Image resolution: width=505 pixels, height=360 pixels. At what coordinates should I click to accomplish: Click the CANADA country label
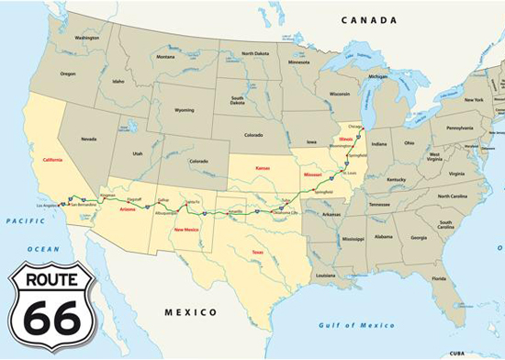[x=368, y=20]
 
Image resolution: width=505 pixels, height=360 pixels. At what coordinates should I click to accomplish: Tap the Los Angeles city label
[x=48, y=206]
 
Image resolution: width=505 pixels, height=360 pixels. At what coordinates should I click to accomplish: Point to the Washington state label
[x=87, y=38]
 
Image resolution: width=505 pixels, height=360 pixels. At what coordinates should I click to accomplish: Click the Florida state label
[x=439, y=277]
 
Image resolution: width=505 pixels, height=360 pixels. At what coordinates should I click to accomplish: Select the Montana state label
[x=165, y=57]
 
